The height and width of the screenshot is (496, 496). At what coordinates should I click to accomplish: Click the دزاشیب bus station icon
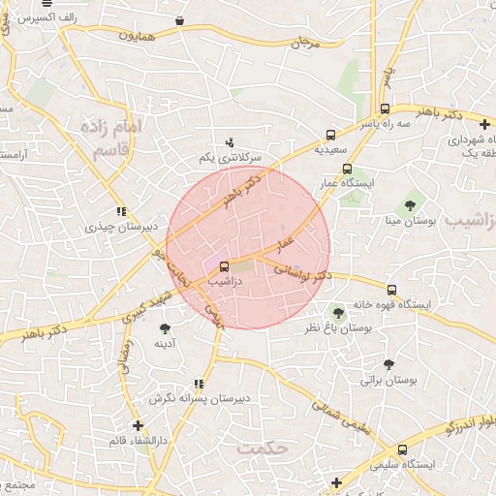(225, 266)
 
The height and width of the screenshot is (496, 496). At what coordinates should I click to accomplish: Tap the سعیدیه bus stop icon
(332, 136)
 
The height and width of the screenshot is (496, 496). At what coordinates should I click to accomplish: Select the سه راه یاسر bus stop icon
(386, 109)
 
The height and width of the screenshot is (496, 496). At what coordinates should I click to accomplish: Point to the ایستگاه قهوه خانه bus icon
(391, 289)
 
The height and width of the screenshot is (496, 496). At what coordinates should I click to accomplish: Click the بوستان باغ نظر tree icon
(337, 313)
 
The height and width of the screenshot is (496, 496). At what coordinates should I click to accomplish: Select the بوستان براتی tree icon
(388, 365)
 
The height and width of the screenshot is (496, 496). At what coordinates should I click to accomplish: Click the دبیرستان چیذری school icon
(120, 212)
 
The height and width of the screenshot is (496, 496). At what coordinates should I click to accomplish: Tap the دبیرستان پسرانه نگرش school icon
(199, 384)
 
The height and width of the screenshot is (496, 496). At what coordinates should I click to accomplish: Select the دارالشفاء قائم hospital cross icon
(138, 425)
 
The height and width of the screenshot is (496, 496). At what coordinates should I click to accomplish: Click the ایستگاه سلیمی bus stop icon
(402, 449)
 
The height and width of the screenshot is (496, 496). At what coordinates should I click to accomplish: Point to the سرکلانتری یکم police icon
(230, 141)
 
